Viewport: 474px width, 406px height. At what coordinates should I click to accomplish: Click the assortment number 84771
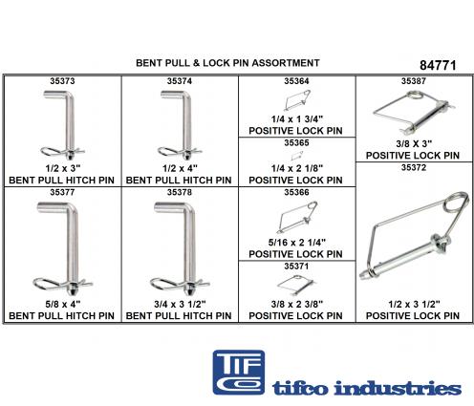438,65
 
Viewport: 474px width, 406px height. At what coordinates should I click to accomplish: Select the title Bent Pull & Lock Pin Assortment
227,63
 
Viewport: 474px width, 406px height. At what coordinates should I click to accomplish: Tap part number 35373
62,81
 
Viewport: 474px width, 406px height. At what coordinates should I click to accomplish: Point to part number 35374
180,81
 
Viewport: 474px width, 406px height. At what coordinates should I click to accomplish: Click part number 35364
296,81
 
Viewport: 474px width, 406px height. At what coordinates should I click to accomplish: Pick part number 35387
414,81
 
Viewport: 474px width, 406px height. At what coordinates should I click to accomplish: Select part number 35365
296,142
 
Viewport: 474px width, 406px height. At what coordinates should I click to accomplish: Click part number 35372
414,167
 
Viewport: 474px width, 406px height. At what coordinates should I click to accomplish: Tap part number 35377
62,192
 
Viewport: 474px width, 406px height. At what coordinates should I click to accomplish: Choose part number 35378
180,192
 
